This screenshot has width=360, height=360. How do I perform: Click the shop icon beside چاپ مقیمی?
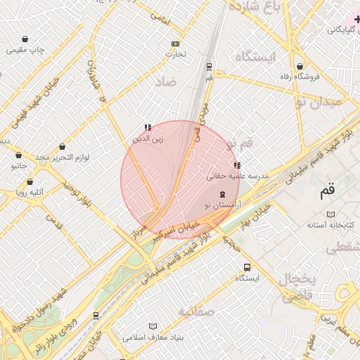point(26,39)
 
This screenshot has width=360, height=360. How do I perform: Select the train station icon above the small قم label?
point(209,67)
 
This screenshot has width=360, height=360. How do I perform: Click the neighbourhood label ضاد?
point(169,82)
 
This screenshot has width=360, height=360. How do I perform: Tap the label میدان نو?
point(318,103)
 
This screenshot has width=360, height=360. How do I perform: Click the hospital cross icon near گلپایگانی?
point(357,19)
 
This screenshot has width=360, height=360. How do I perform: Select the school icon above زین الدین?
point(148,127)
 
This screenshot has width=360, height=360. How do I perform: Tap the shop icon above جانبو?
point(18,155)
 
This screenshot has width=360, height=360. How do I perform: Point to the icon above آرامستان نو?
point(223,193)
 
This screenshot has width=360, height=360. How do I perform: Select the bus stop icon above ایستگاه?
point(246,267)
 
